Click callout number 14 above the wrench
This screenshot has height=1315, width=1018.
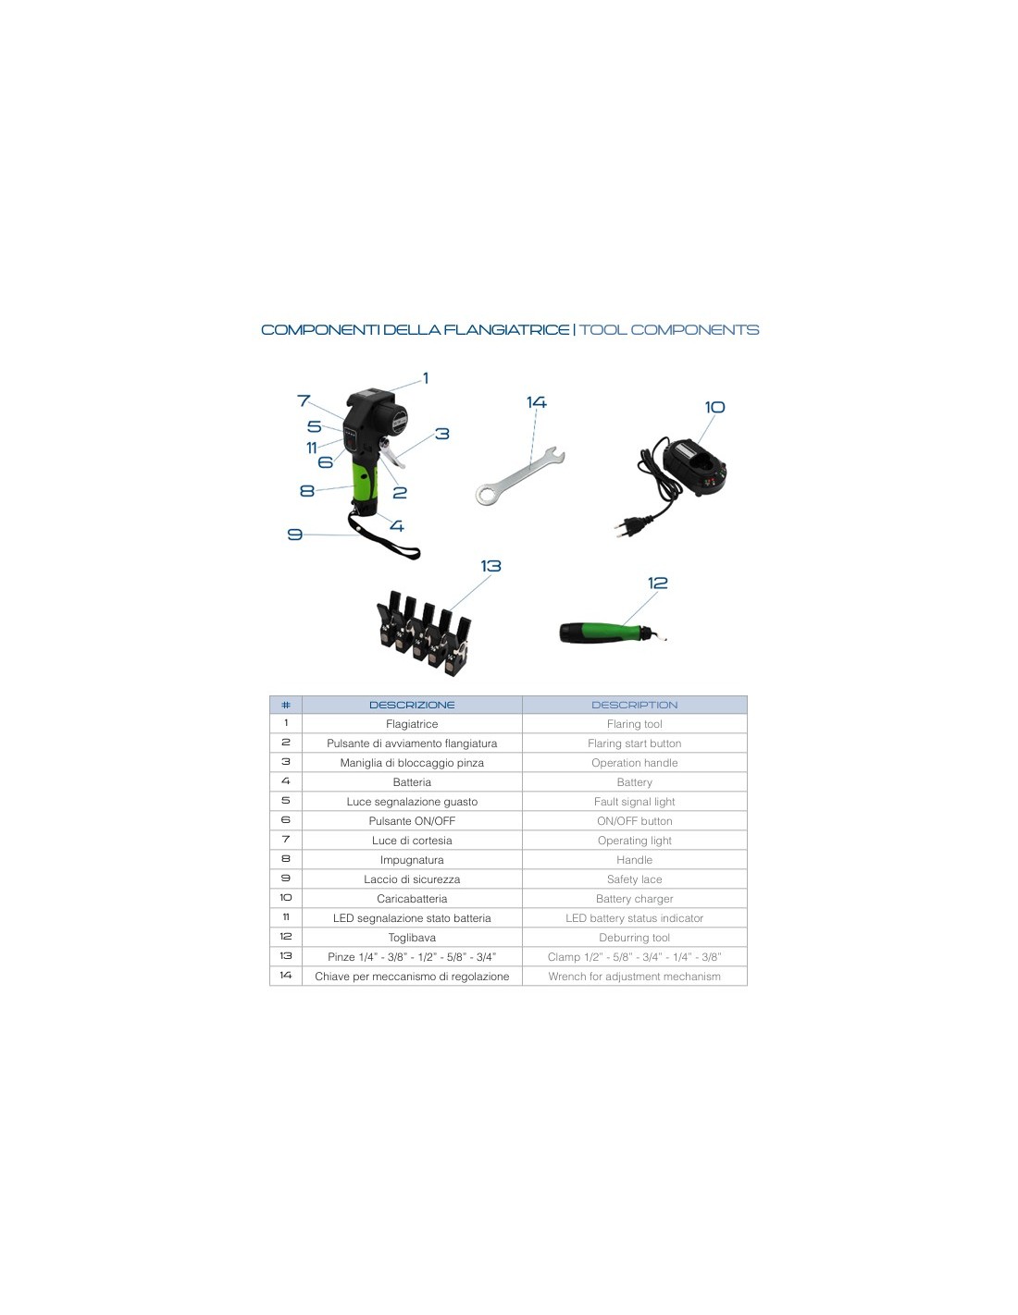[x=536, y=402]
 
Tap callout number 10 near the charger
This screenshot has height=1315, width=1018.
[x=714, y=407]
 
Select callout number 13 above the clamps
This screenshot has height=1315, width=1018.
[x=490, y=566]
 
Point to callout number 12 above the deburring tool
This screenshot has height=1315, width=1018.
[x=658, y=583]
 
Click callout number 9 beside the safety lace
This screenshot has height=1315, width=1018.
[x=295, y=535]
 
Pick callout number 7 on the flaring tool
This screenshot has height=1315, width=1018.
[x=304, y=400]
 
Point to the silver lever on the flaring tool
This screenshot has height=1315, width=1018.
[x=392, y=454]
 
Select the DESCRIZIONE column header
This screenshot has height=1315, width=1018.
[x=412, y=705]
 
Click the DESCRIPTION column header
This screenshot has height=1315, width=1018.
[x=634, y=705]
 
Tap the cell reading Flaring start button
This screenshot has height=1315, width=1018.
[x=634, y=744]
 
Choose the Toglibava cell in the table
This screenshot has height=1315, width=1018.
[x=412, y=938]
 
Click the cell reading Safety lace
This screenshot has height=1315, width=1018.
[x=634, y=879]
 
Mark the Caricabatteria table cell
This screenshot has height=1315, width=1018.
[x=412, y=899]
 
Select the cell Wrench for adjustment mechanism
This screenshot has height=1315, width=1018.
[x=634, y=977]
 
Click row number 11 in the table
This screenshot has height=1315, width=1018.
[x=286, y=917]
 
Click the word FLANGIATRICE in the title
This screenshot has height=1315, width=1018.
[x=506, y=330]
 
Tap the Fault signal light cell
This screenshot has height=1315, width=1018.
[x=634, y=801]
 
